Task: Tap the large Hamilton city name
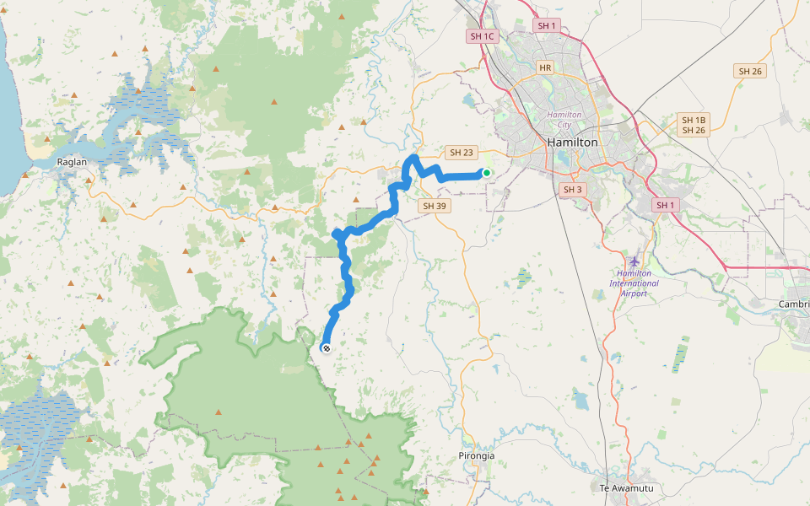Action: [x=572, y=143]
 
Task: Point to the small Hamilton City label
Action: [x=564, y=119]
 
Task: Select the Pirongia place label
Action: [x=477, y=455]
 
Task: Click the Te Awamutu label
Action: [x=626, y=488]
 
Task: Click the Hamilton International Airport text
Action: [x=634, y=283]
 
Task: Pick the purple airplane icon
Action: [x=634, y=261]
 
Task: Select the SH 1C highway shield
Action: [x=483, y=36]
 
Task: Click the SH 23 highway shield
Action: [x=462, y=153]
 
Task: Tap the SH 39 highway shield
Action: [x=434, y=206]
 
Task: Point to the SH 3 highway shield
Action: [x=573, y=190]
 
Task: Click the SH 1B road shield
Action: [x=693, y=120]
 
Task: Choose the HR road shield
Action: [x=545, y=67]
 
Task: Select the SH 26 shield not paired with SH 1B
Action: [x=750, y=72]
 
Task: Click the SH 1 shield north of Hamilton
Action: [x=547, y=26]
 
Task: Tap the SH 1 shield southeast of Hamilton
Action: [x=667, y=205]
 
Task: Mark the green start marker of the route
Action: [x=486, y=173]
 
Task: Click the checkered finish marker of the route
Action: [x=327, y=347]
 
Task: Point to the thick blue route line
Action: [x=346, y=270]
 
